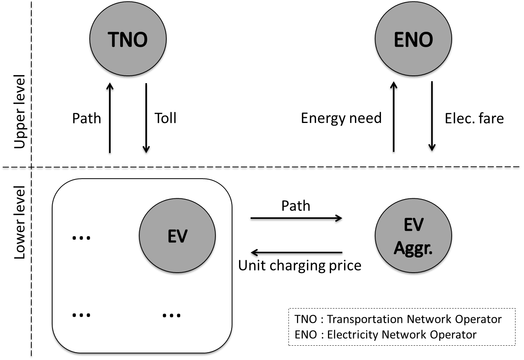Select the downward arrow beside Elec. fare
pyautogui.click(x=432, y=118)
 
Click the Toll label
pyautogui.click(x=166, y=118)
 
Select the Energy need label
pyautogui.click(x=341, y=118)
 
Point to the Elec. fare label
pyautogui.click(x=474, y=118)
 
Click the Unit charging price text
pyautogui.click(x=300, y=266)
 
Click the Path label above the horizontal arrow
pyautogui.click(x=295, y=206)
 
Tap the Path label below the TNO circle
pyautogui.click(x=87, y=118)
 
